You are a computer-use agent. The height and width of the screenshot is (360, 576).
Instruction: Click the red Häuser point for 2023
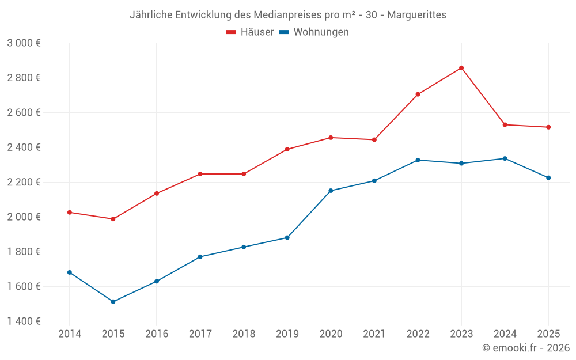461,68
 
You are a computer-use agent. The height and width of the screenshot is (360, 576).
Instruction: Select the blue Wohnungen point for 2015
113,302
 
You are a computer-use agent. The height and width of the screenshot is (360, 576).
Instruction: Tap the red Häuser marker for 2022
418,94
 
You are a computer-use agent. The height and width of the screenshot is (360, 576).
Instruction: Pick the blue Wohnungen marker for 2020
331,191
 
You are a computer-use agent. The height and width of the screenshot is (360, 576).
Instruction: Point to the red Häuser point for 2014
70,213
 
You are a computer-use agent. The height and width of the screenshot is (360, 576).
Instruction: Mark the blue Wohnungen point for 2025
548,178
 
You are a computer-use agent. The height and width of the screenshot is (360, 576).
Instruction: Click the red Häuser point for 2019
287,150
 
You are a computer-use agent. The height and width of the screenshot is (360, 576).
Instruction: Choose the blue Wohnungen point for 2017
200,257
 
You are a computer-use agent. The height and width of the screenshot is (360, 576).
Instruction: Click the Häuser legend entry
250,32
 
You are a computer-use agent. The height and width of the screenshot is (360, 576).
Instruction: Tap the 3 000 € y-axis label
24,43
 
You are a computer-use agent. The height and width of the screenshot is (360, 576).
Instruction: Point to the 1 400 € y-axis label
24,321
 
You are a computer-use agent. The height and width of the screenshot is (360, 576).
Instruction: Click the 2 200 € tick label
24,182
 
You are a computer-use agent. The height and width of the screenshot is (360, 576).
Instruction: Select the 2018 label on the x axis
244,334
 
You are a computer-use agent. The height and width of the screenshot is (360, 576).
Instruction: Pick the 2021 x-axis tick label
374,334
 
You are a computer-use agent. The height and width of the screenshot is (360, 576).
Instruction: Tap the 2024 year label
505,334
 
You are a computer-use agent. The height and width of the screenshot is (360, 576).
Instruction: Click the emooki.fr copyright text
526,348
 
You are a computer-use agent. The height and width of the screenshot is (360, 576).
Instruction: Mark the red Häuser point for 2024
505,125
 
